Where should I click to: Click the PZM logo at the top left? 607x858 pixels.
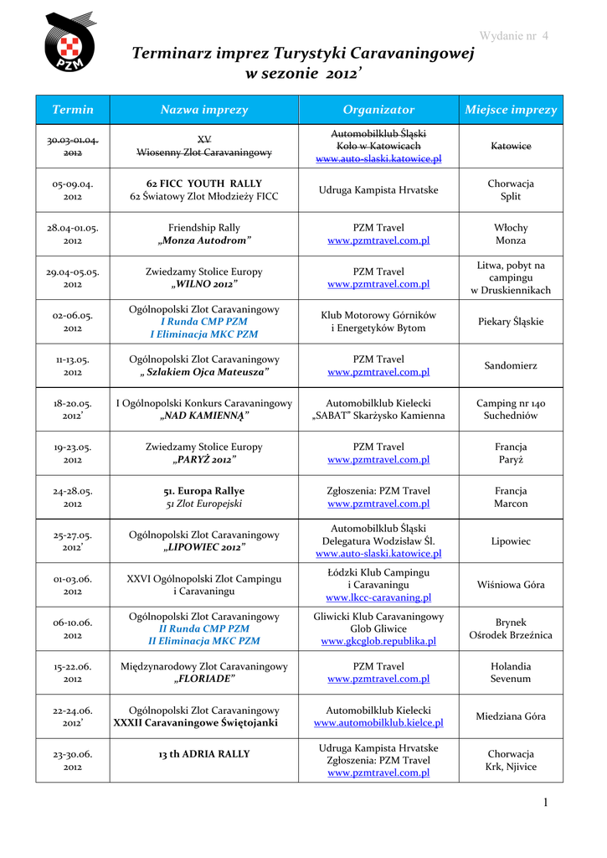69,42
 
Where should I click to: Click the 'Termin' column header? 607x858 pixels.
73,110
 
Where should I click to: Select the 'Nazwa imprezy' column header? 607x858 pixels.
204,110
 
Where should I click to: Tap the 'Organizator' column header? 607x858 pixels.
378,110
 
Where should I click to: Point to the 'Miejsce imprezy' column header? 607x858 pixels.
511,110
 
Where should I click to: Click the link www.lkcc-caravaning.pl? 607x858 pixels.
378,597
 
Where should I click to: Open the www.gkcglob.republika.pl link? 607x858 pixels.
378,641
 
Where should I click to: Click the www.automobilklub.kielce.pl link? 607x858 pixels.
378,722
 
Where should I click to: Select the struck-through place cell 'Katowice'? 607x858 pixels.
511,146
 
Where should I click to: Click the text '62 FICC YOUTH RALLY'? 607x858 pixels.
204,183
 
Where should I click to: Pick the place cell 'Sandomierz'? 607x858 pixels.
511,365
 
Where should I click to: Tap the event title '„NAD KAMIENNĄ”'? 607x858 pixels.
204,416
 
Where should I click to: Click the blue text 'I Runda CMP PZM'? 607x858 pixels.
204,321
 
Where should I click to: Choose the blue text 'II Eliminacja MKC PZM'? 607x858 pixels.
204,641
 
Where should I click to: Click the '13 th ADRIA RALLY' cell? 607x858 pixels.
204,754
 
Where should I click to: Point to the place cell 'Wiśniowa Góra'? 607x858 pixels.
511,585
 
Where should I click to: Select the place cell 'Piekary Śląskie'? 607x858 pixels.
511,321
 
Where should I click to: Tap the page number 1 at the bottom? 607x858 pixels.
545,803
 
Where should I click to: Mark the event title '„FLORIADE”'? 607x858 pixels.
204,679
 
